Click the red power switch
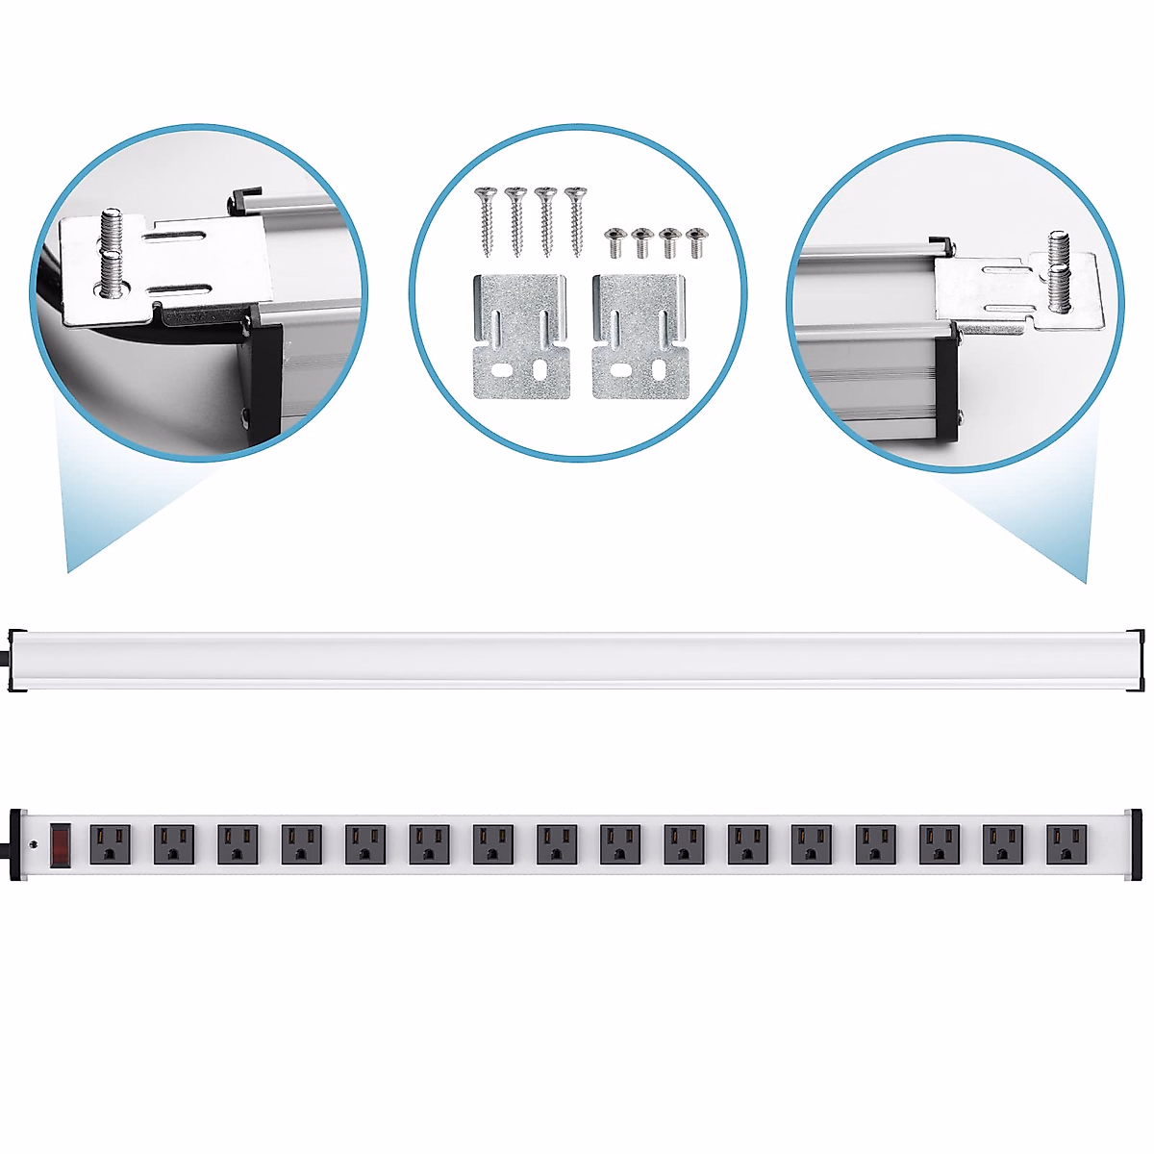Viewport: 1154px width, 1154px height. pos(61,844)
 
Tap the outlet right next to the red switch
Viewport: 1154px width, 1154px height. pos(110,844)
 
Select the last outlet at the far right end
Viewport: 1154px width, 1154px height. pos(1066,844)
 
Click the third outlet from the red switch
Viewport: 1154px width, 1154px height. pos(238,844)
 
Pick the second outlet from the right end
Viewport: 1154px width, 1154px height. pos(1003,844)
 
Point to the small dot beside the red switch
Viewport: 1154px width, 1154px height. pos(36,845)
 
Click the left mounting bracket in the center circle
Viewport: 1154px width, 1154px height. pos(521,338)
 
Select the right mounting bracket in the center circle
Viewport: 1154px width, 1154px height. pos(640,338)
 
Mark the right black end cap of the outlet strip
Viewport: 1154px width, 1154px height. pos(1136,844)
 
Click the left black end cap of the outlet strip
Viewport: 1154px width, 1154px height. pos(15,844)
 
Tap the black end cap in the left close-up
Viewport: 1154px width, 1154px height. pos(266,375)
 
